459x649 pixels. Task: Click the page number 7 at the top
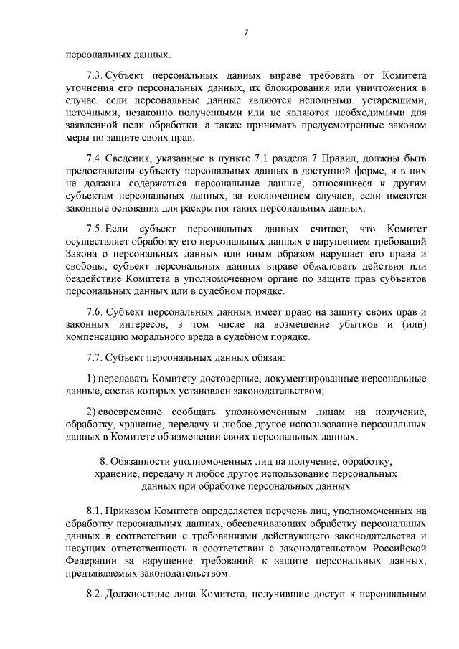[246, 32]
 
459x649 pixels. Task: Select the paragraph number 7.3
[94, 75]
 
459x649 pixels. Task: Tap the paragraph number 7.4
[94, 158]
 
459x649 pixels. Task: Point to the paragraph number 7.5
[94, 229]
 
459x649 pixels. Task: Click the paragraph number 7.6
[94, 311]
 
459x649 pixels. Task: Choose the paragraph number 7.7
[94, 356]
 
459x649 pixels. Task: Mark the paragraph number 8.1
[94, 511]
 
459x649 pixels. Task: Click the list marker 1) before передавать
[90, 378]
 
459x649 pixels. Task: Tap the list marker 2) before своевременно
[90, 412]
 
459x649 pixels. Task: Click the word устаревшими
[391, 100]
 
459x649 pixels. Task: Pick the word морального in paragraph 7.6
[170, 336]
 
